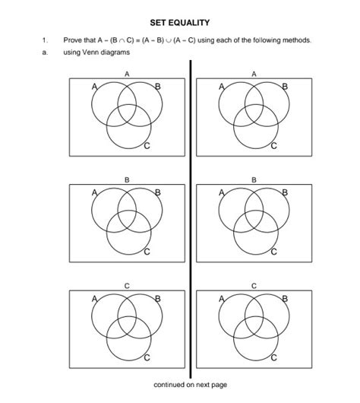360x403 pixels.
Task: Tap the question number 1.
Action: (45, 40)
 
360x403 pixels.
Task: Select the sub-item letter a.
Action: (45, 52)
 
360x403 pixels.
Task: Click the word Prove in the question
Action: (74, 40)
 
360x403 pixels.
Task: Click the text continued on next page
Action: (190, 385)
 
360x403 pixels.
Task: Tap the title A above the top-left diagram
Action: (127, 74)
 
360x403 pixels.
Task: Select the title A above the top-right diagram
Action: (254, 74)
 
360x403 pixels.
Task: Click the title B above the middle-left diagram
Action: (127, 179)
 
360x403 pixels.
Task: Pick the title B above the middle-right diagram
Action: (254, 179)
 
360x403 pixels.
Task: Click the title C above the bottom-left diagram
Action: (127, 284)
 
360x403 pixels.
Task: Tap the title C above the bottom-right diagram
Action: (254, 284)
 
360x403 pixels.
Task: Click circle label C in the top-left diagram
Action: (146, 145)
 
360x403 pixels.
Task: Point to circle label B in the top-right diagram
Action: (285, 86)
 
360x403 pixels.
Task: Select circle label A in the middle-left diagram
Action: (95, 192)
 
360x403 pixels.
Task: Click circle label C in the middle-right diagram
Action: (273, 250)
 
